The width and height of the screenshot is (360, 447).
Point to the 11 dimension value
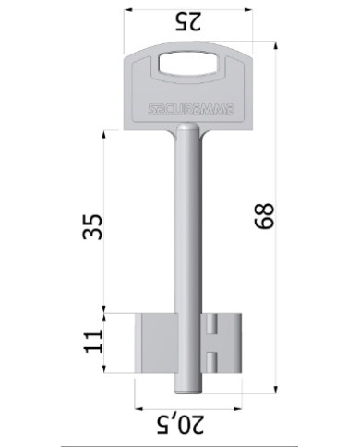click(91, 341)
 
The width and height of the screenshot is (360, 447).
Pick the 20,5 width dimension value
click(189, 426)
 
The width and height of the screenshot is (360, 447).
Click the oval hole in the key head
click(190, 65)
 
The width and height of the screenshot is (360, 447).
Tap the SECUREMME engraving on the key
click(190, 108)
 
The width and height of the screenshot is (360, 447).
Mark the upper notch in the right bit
click(212, 326)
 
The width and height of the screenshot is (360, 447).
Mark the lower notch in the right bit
click(212, 356)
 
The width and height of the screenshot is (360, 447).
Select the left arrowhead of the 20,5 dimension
click(138, 406)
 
